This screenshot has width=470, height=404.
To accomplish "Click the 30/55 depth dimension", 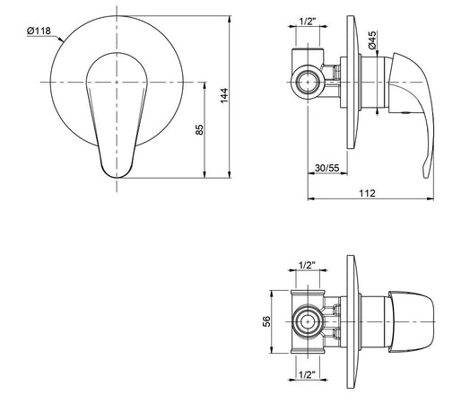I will click(327, 168).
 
